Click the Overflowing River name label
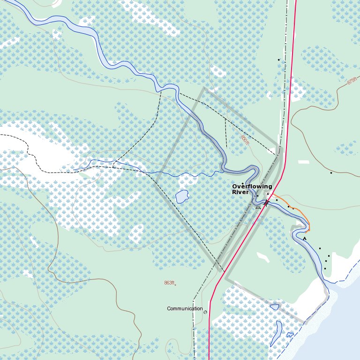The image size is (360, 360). point(252,189)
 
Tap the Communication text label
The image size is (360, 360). point(185,309)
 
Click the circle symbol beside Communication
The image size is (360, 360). point(205,311)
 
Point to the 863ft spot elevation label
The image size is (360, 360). point(169,283)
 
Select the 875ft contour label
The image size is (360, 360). point(352,81)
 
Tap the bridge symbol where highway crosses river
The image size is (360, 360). point(266,203)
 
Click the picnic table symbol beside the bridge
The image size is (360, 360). point(258,206)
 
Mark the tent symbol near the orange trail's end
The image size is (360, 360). point(305,239)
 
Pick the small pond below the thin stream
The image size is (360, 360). point(182,196)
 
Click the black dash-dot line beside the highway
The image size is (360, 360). point(285,94)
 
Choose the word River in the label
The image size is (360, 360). point(240,192)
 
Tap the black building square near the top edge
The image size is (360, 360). point(279,60)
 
